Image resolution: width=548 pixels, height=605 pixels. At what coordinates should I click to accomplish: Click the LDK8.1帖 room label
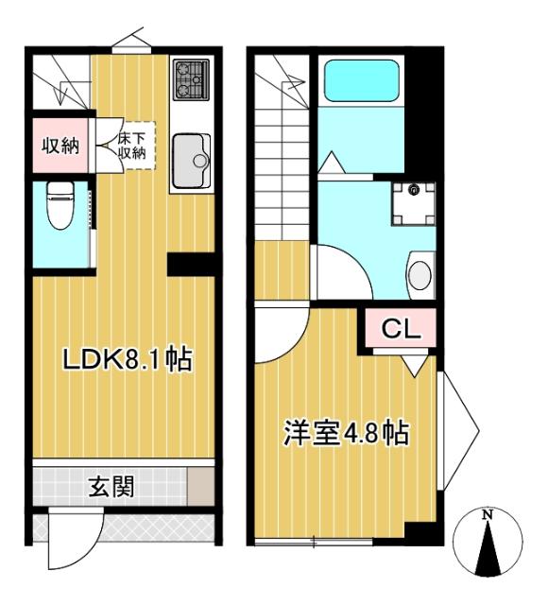coord(128,359)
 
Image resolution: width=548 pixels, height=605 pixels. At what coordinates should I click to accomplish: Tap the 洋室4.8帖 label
coord(347,434)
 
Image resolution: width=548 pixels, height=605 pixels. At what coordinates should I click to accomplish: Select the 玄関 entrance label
coord(111,487)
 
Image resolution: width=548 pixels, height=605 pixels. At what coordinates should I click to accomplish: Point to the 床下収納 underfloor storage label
coord(131,147)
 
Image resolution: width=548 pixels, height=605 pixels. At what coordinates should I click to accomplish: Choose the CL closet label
coord(401,330)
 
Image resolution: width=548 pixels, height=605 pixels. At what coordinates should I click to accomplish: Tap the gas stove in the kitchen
coord(193,79)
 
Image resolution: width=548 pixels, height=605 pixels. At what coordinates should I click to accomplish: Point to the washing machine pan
coord(414,202)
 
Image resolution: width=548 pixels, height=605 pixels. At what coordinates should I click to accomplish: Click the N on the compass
coord(488,515)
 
